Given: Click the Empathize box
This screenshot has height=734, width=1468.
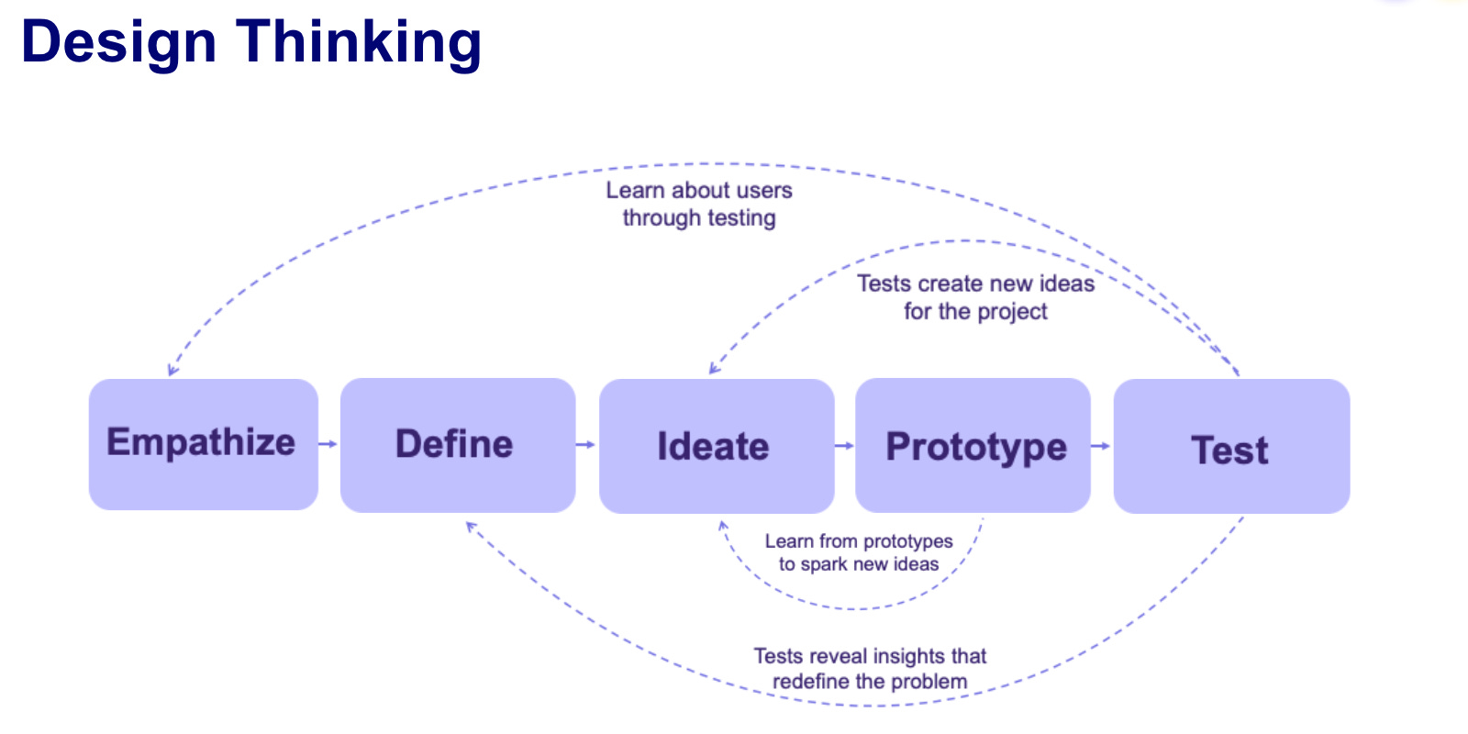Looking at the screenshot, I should [x=203, y=444].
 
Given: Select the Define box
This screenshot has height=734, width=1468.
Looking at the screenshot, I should [x=457, y=445].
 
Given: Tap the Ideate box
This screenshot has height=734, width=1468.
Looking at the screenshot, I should [x=716, y=446].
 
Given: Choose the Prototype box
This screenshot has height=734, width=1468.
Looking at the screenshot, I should [x=973, y=446].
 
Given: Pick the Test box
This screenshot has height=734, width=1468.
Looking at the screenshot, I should [x=1231, y=446].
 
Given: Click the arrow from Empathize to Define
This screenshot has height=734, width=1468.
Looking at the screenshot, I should [x=328, y=444].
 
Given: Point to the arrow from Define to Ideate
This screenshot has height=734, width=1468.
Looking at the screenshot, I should [x=586, y=445].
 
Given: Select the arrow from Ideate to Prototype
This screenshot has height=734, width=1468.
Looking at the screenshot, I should [x=845, y=446].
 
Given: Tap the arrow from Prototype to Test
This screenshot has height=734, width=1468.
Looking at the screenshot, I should [x=1101, y=446].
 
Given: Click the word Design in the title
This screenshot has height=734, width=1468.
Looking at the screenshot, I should [x=118, y=42].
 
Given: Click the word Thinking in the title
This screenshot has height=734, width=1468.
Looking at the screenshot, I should [x=359, y=42].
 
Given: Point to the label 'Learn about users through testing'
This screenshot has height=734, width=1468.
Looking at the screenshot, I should [x=699, y=204].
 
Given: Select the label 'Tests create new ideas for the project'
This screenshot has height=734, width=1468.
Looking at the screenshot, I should [x=975, y=297].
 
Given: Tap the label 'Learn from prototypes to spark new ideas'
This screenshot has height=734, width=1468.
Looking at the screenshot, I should [x=859, y=552].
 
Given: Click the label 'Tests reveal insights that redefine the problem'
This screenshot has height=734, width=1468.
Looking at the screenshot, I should [x=870, y=668].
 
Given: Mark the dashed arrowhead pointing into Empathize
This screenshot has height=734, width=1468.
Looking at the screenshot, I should [x=172, y=371].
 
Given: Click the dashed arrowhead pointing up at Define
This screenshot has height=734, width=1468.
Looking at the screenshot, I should [x=471, y=527].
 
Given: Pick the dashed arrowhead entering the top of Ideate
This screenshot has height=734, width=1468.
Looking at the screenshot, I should [x=713, y=369].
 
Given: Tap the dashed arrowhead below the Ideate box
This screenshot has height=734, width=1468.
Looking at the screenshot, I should [x=723, y=527].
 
